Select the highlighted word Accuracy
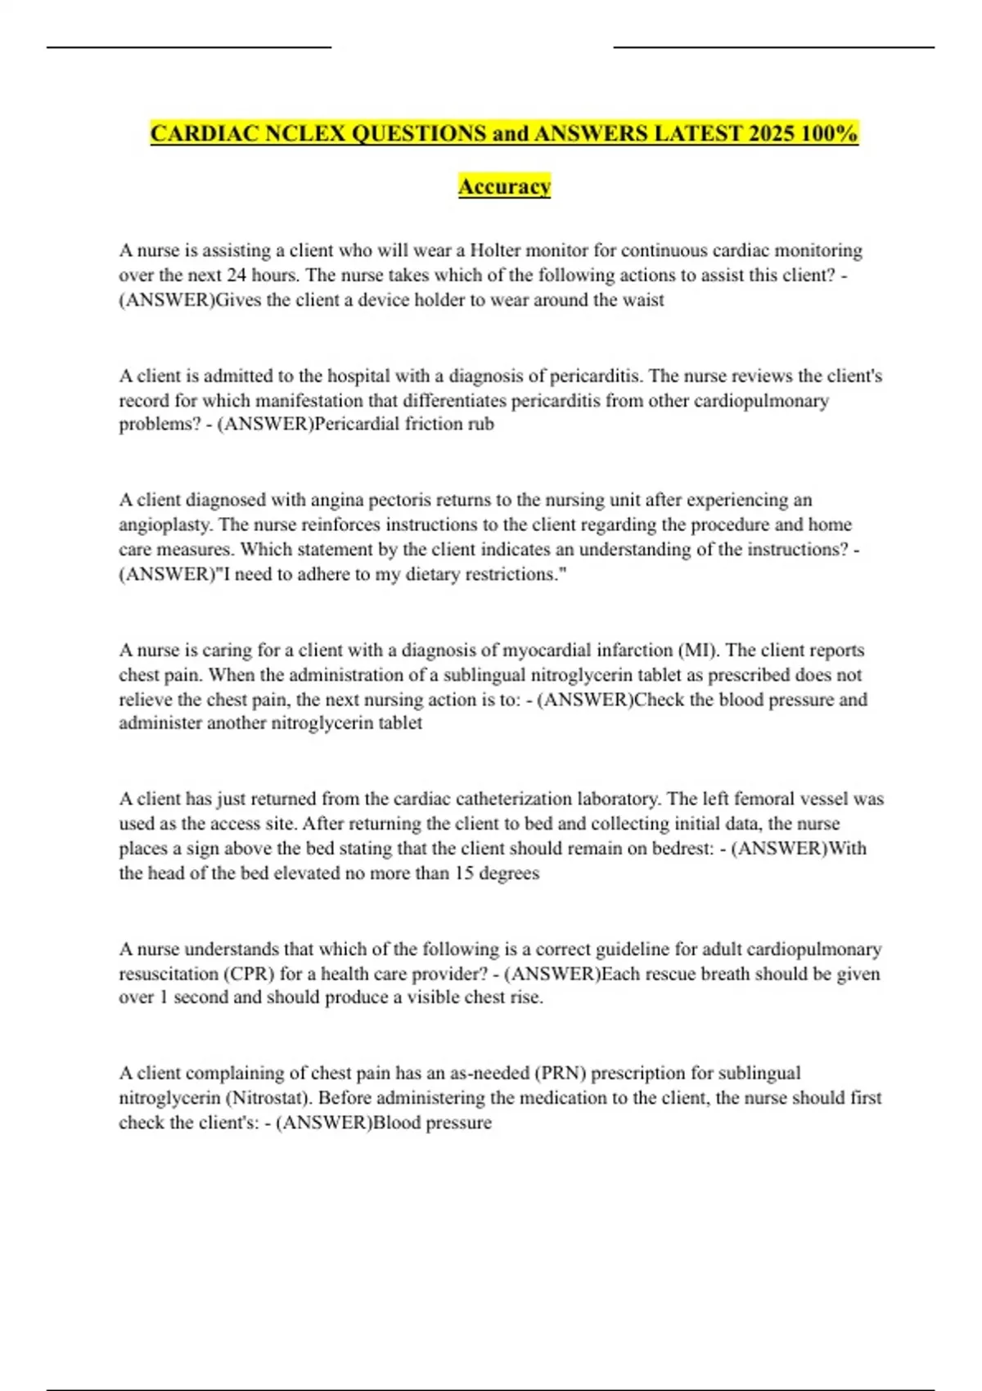click(x=504, y=187)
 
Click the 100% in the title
click(x=830, y=133)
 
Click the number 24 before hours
click(x=237, y=275)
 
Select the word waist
click(x=643, y=300)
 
